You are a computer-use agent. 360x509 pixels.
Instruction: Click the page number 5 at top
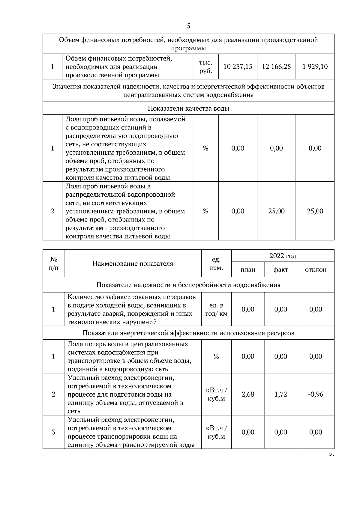tap(188, 26)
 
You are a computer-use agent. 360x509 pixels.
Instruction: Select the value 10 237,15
tap(238, 67)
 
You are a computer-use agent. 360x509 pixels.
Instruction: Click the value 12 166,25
tap(276, 67)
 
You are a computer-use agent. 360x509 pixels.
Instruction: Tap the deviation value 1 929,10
tap(315, 67)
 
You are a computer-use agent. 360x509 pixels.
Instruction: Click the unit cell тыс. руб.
tap(205, 67)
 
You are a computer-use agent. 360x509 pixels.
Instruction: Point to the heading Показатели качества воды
tap(188, 109)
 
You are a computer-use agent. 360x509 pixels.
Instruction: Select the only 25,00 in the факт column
tap(276, 211)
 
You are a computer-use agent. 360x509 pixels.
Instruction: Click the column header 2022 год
tap(283, 256)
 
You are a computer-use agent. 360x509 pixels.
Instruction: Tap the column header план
tap(248, 269)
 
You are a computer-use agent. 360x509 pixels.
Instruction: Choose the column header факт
tap(280, 269)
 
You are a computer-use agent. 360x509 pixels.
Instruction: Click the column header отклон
tap(316, 269)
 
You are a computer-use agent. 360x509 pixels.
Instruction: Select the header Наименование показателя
tap(133, 263)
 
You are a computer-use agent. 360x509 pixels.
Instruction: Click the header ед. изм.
tap(216, 263)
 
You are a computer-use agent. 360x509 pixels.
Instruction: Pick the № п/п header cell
tap(53, 263)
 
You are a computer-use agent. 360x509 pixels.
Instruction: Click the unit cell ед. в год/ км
tap(216, 310)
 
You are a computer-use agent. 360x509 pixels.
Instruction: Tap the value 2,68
tap(248, 394)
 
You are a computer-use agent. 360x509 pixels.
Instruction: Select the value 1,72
tap(280, 394)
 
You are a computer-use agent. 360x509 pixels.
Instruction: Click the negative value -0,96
tap(316, 394)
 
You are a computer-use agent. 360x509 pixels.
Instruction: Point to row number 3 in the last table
tap(53, 432)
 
